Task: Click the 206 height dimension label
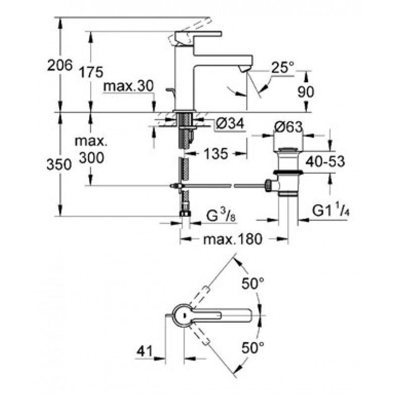[59, 65]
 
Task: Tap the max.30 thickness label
[129, 87]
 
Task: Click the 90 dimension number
[307, 92]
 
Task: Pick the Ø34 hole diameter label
[231, 126]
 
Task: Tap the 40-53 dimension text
[324, 161]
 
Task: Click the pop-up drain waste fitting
[287, 171]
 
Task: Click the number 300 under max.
[91, 158]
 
